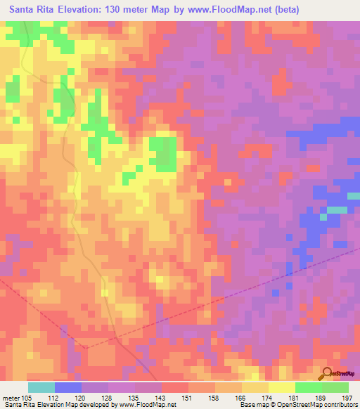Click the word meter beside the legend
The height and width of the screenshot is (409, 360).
(12, 398)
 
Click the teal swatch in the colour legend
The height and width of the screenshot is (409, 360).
(41, 387)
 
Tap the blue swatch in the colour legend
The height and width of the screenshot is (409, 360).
(68, 387)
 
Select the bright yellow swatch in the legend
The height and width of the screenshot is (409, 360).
(282, 387)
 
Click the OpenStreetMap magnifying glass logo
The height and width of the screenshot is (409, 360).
(328, 373)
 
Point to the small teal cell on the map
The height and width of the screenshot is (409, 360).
(337, 210)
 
